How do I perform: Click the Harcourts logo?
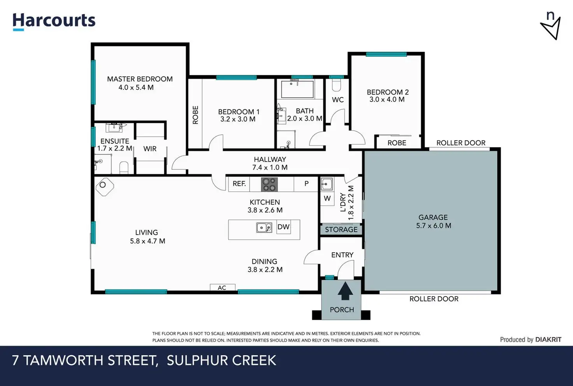click(54, 21)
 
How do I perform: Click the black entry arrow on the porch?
click(345, 291)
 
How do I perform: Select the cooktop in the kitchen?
click(269, 184)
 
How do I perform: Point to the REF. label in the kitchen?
click(239, 184)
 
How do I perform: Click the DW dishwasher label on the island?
click(283, 227)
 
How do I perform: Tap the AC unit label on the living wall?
click(222, 288)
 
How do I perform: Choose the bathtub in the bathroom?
click(297, 89)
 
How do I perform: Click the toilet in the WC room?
click(336, 85)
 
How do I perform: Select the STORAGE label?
click(341, 230)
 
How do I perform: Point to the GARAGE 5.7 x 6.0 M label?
click(433, 221)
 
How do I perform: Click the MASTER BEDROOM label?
click(140, 79)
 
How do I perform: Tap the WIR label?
click(149, 149)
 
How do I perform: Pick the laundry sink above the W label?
click(327, 184)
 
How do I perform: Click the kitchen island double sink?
click(264, 228)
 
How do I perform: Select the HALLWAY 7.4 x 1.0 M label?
click(270, 163)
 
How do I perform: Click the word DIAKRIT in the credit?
click(548, 339)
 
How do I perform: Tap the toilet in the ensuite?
click(124, 167)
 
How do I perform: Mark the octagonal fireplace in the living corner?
click(105, 187)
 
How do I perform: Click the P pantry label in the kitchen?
click(306, 184)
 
